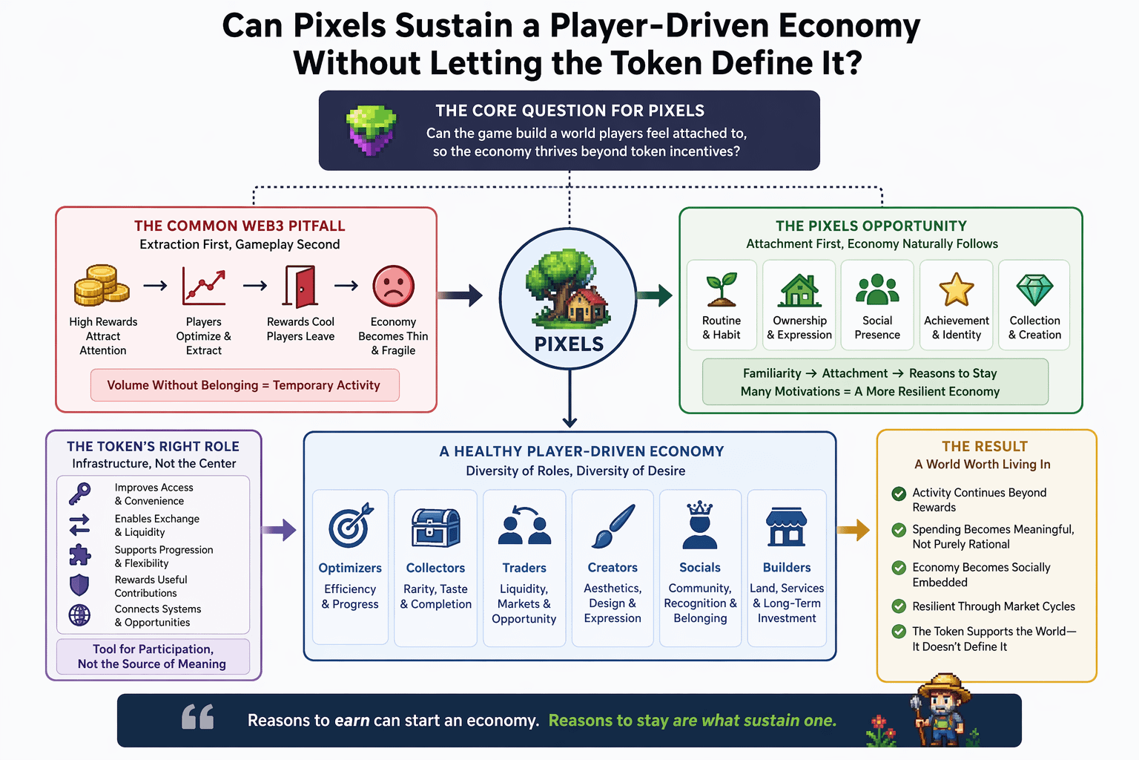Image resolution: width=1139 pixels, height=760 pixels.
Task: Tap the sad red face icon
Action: (x=393, y=286)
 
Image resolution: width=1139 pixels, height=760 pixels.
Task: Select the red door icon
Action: (x=300, y=286)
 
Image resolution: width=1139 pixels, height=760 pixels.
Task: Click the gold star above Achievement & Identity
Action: (x=956, y=289)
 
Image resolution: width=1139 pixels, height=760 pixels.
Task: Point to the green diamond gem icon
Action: (x=1034, y=289)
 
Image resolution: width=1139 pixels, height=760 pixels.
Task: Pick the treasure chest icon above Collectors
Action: (x=435, y=528)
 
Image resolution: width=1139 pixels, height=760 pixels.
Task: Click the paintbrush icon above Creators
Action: (x=613, y=526)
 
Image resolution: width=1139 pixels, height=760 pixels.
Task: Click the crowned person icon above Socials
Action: (x=699, y=525)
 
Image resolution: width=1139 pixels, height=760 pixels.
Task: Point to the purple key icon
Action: (x=79, y=493)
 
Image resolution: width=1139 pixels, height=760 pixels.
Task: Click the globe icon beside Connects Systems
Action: (x=79, y=615)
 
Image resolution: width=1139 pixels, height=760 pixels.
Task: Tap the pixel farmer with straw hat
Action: (x=941, y=710)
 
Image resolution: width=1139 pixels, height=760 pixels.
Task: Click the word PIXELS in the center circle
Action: (x=569, y=344)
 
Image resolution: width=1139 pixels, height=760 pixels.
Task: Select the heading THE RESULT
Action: (x=985, y=447)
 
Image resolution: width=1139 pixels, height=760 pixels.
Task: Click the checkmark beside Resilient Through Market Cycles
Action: (x=899, y=606)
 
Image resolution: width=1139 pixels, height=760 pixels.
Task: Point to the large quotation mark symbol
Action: (x=198, y=717)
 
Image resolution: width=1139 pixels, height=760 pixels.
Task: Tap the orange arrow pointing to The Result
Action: (x=854, y=529)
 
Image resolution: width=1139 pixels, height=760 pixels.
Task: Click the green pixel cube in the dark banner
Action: (x=372, y=130)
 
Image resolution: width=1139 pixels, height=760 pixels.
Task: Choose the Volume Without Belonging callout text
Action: (x=244, y=385)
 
